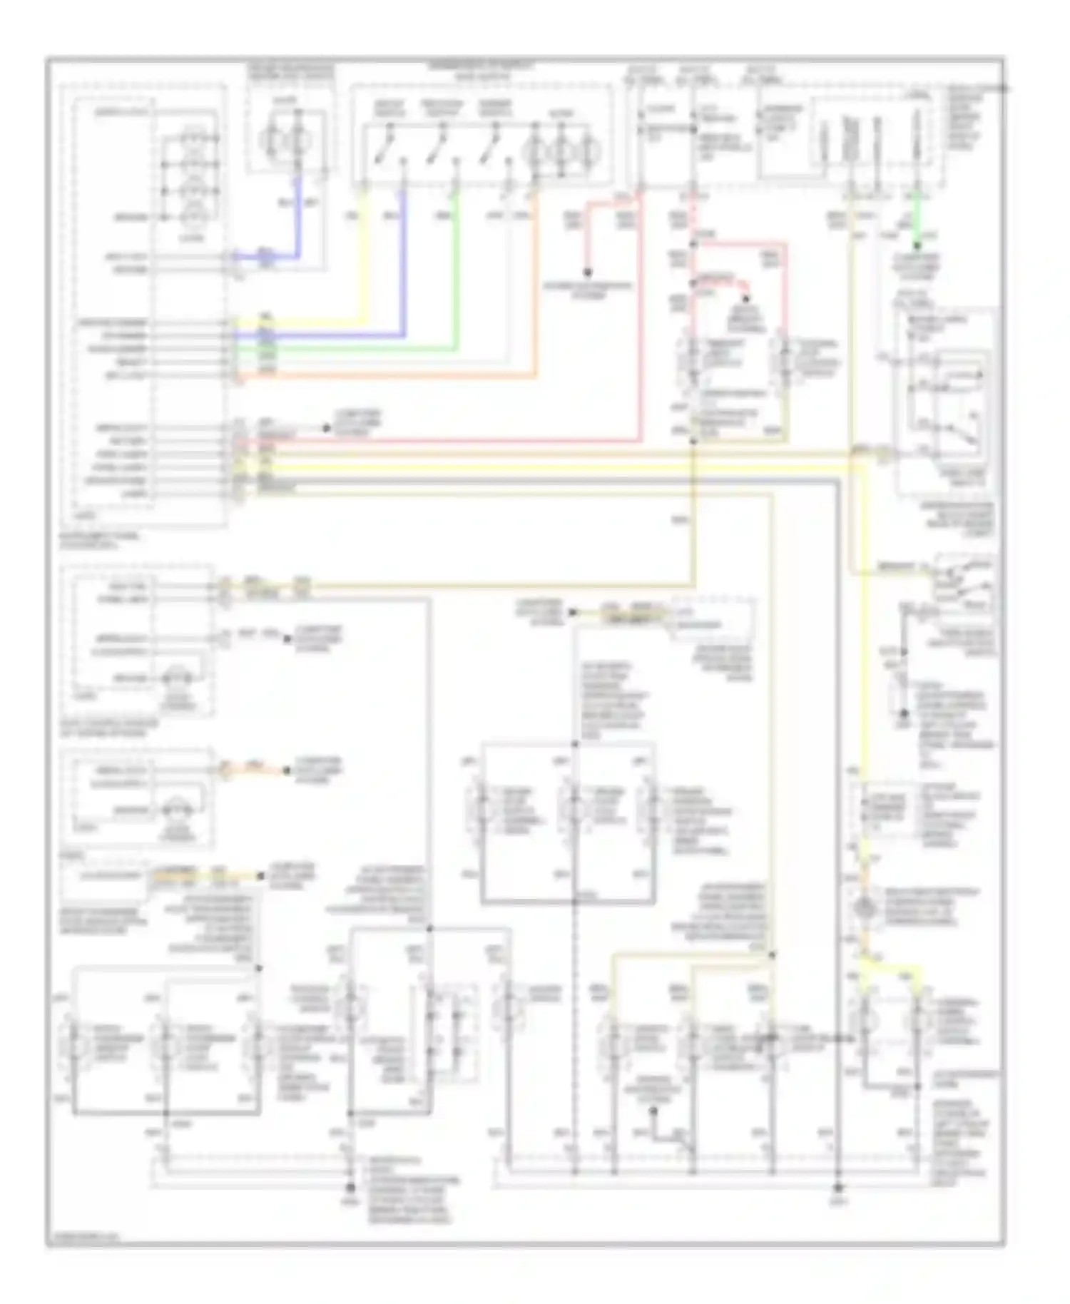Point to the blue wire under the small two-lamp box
[298, 214]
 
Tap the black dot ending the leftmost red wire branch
[587, 272]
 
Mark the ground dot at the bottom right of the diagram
[837, 1188]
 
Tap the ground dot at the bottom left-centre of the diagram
[350, 1188]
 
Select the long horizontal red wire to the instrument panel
[442, 442]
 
